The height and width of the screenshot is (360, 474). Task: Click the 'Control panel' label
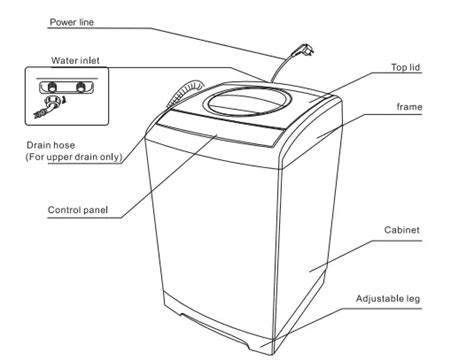77,210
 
